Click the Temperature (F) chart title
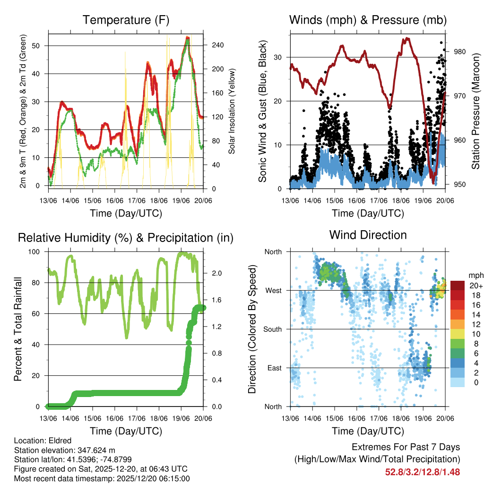coord(126,20)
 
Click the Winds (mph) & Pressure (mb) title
coord(368,20)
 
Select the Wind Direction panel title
coord(368,235)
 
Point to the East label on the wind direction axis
coord(274,368)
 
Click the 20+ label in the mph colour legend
coord(476,285)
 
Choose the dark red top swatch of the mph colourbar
coord(458,285)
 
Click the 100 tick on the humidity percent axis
coord(35,252)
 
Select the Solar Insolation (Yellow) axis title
coord(232,111)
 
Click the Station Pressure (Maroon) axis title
coord(475,111)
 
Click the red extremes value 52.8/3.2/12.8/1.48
coord(423,472)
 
